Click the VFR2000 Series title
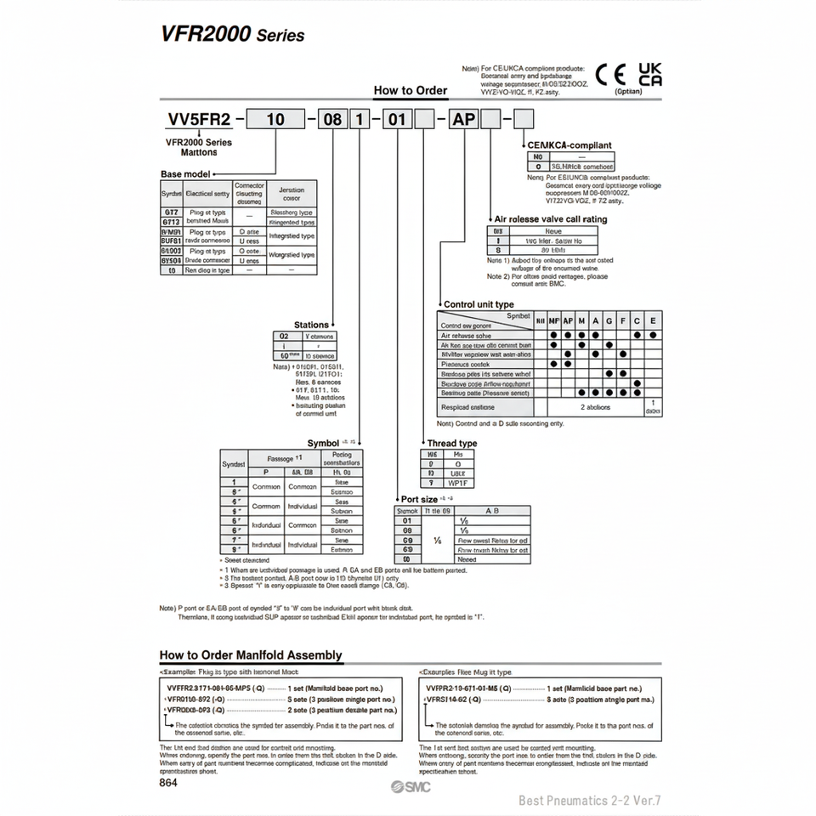click(232, 35)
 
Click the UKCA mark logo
click(650, 74)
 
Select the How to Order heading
click(411, 90)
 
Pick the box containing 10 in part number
click(276, 119)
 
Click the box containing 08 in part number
click(332, 119)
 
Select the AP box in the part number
click(464, 119)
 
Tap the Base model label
click(184, 173)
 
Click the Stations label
click(310, 325)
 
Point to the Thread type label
click(451, 443)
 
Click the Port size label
click(419, 499)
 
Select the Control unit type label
click(479, 303)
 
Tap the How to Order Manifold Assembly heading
click(251, 654)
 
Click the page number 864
click(168, 784)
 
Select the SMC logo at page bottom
click(412, 786)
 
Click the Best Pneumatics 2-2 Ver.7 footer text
click(589, 800)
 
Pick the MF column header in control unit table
click(554, 320)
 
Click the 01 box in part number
click(396, 119)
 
